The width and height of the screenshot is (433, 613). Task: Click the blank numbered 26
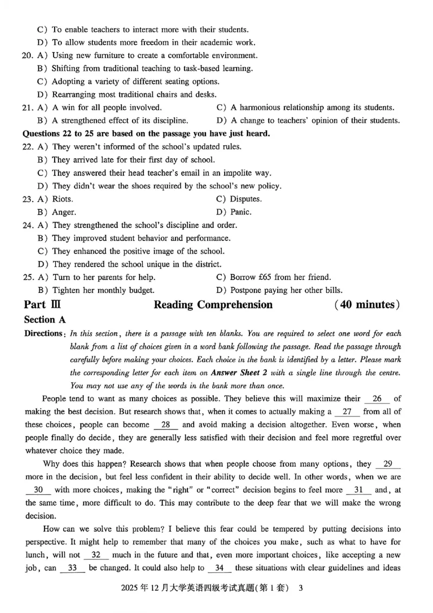(377, 399)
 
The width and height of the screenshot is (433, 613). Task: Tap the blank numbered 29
(387, 464)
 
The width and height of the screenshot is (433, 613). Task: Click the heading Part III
(43, 304)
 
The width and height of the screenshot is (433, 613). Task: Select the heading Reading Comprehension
(213, 304)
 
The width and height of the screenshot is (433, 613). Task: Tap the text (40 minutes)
(368, 304)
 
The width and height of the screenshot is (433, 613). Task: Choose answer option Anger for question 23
(64, 212)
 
